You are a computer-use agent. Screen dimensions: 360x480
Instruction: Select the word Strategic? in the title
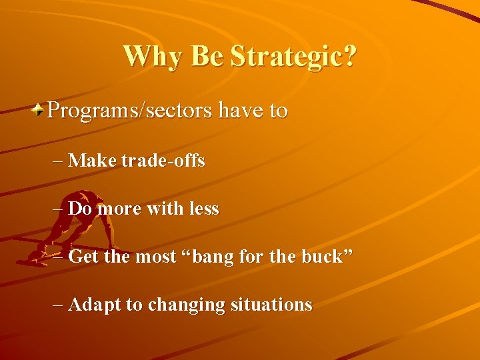point(293,57)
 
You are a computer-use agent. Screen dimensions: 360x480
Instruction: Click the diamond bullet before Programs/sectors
point(40,109)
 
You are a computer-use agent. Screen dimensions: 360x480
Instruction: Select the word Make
point(93,161)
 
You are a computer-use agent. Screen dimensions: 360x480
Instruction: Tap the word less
point(203,209)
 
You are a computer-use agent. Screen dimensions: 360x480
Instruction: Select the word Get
point(82,257)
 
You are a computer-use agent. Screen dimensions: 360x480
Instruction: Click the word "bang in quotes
point(208,257)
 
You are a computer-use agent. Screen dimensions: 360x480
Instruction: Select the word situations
point(271,305)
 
